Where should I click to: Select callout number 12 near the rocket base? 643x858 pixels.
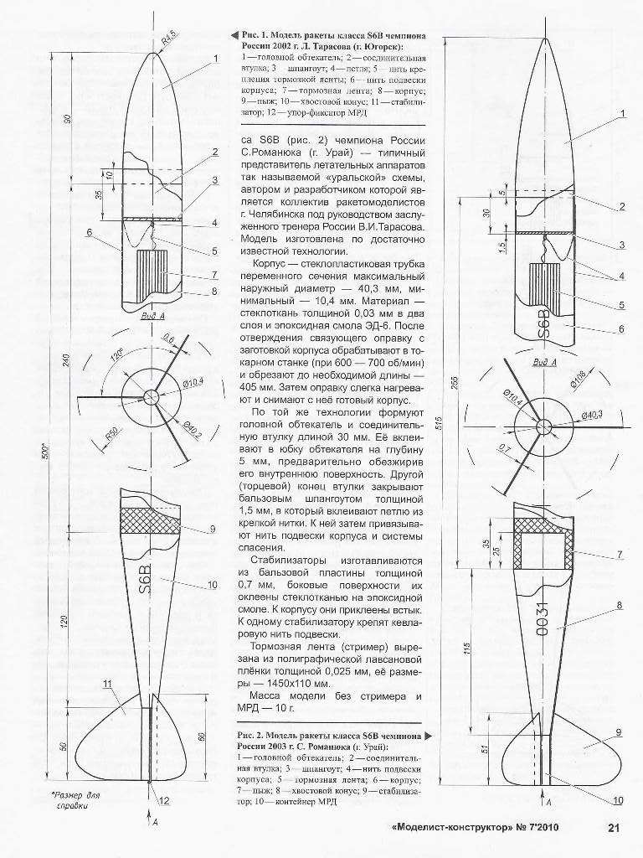click(164, 800)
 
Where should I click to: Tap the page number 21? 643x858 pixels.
click(613, 830)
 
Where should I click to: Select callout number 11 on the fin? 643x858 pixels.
click(107, 685)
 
